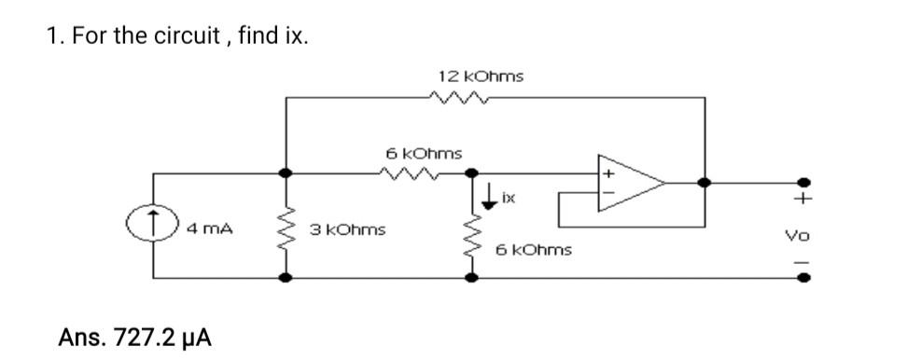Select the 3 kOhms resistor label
349,228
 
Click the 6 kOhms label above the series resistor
424,151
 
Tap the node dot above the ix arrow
472,173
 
